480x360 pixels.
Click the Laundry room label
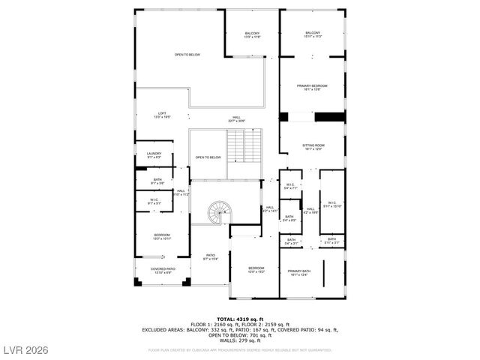(x=154, y=155)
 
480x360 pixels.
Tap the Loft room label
(x=162, y=115)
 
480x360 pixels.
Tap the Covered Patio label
(x=162, y=270)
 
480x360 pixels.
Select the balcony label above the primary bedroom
(x=313, y=34)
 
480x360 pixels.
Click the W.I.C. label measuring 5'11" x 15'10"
(x=331, y=205)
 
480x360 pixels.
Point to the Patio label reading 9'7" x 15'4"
(x=211, y=257)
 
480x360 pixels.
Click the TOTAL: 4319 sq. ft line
(x=240, y=318)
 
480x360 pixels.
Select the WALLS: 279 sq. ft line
(x=240, y=340)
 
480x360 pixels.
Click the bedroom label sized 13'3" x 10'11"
(x=162, y=237)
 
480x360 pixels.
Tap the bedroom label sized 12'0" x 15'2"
(x=256, y=269)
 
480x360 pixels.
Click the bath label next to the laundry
(x=157, y=181)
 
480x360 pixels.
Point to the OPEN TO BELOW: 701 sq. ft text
(x=240, y=335)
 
